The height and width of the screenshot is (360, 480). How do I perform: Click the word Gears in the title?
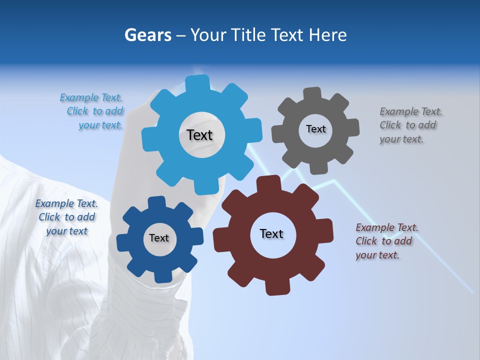[147, 35]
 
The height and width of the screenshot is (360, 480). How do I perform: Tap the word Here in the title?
[327, 35]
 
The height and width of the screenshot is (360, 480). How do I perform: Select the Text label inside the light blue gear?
[199, 135]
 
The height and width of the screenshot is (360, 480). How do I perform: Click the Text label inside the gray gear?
[315, 129]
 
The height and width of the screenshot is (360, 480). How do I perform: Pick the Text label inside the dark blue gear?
[159, 238]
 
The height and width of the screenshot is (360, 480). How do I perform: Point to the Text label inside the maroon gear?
[271, 233]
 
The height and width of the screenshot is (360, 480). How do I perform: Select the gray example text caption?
[410, 125]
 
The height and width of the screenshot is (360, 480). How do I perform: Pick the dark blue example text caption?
[66, 217]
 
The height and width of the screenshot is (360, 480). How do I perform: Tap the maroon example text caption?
[386, 241]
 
